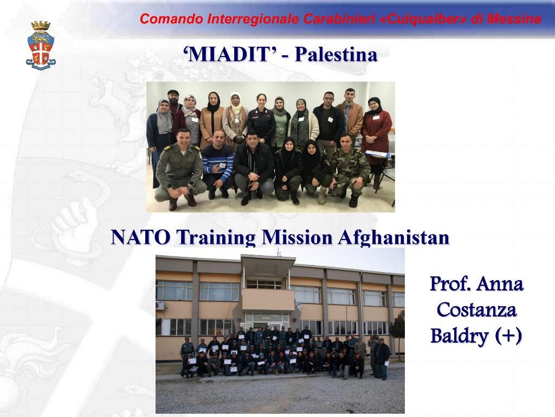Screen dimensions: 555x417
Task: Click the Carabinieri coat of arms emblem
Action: coord(41,45)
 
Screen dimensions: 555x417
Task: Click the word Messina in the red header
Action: coord(514,19)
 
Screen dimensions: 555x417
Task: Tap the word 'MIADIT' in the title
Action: coord(230,54)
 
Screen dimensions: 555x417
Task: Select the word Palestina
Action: coord(336,54)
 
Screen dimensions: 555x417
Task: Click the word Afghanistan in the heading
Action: coord(393,238)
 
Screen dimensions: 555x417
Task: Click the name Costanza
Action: coord(476,309)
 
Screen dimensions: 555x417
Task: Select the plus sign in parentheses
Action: coord(508,335)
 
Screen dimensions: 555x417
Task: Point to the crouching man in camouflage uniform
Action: coord(349,170)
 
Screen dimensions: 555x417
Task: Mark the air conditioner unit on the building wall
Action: coord(160,305)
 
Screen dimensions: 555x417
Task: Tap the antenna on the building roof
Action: coord(279,252)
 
